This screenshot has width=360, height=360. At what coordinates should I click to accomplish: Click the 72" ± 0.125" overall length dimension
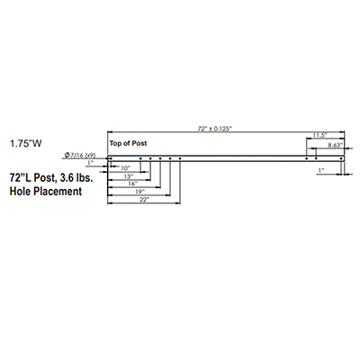(x=215, y=129)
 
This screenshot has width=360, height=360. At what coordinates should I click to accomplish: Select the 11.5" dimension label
(x=319, y=135)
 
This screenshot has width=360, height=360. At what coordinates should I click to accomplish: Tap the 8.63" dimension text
(x=335, y=145)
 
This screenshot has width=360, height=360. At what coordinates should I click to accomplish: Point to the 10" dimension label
(x=125, y=168)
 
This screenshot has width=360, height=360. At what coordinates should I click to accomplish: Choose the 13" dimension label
(x=129, y=176)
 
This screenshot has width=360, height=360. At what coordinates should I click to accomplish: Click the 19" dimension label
(x=139, y=192)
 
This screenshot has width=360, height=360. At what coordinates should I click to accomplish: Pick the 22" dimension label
(x=144, y=200)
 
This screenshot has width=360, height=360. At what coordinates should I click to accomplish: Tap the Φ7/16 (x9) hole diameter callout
(x=80, y=155)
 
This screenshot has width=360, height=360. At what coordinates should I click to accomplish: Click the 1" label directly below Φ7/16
(x=90, y=163)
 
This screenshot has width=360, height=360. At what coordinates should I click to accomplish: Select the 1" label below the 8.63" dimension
(x=321, y=170)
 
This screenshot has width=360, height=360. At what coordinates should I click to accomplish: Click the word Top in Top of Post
(x=116, y=143)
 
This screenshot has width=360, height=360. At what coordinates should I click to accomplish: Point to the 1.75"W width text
(x=26, y=144)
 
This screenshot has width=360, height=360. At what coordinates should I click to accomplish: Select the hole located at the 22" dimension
(x=180, y=158)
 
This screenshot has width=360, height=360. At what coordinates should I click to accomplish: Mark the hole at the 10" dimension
(x=140, y=158)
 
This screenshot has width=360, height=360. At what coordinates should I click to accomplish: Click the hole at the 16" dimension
(x=160, y=158)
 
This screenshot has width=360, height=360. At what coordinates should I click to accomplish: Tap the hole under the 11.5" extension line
(x=306, y=158)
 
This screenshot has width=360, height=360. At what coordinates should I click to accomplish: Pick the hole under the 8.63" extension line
(x=316, y=158)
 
